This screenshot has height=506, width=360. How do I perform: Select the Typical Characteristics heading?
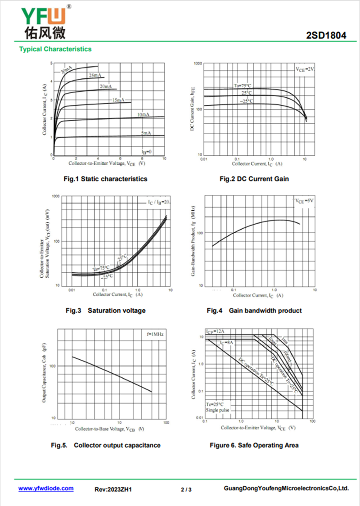pos(55,49)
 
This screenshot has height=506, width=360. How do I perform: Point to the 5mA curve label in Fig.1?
pos(146,133)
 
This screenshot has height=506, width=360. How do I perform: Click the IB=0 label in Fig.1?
pos(146,152)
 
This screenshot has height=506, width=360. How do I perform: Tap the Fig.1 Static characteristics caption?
pos(105,179)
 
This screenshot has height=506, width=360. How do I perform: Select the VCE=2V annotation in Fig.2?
pos(304,69)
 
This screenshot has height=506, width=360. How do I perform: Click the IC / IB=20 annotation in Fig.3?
pos(158,202)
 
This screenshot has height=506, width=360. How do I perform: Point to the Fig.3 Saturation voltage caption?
pos(105,311)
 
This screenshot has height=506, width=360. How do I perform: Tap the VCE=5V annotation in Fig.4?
pos(304,201)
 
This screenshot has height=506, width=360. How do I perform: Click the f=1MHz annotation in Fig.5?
pos(155,334)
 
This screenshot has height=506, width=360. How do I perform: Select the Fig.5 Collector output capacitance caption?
pos(105,445)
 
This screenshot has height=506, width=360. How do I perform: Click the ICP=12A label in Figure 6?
pos(215,332)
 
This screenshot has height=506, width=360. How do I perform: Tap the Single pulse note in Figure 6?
pos(217,411)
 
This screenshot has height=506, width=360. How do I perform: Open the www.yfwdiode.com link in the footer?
pos(45,488)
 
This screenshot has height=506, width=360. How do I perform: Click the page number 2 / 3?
pos(186,489)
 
